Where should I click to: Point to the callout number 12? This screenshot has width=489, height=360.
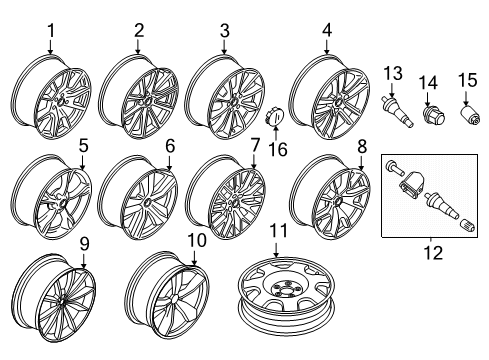(x=432, y=254)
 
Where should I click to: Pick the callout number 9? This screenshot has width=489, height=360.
(x=84, y=242)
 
